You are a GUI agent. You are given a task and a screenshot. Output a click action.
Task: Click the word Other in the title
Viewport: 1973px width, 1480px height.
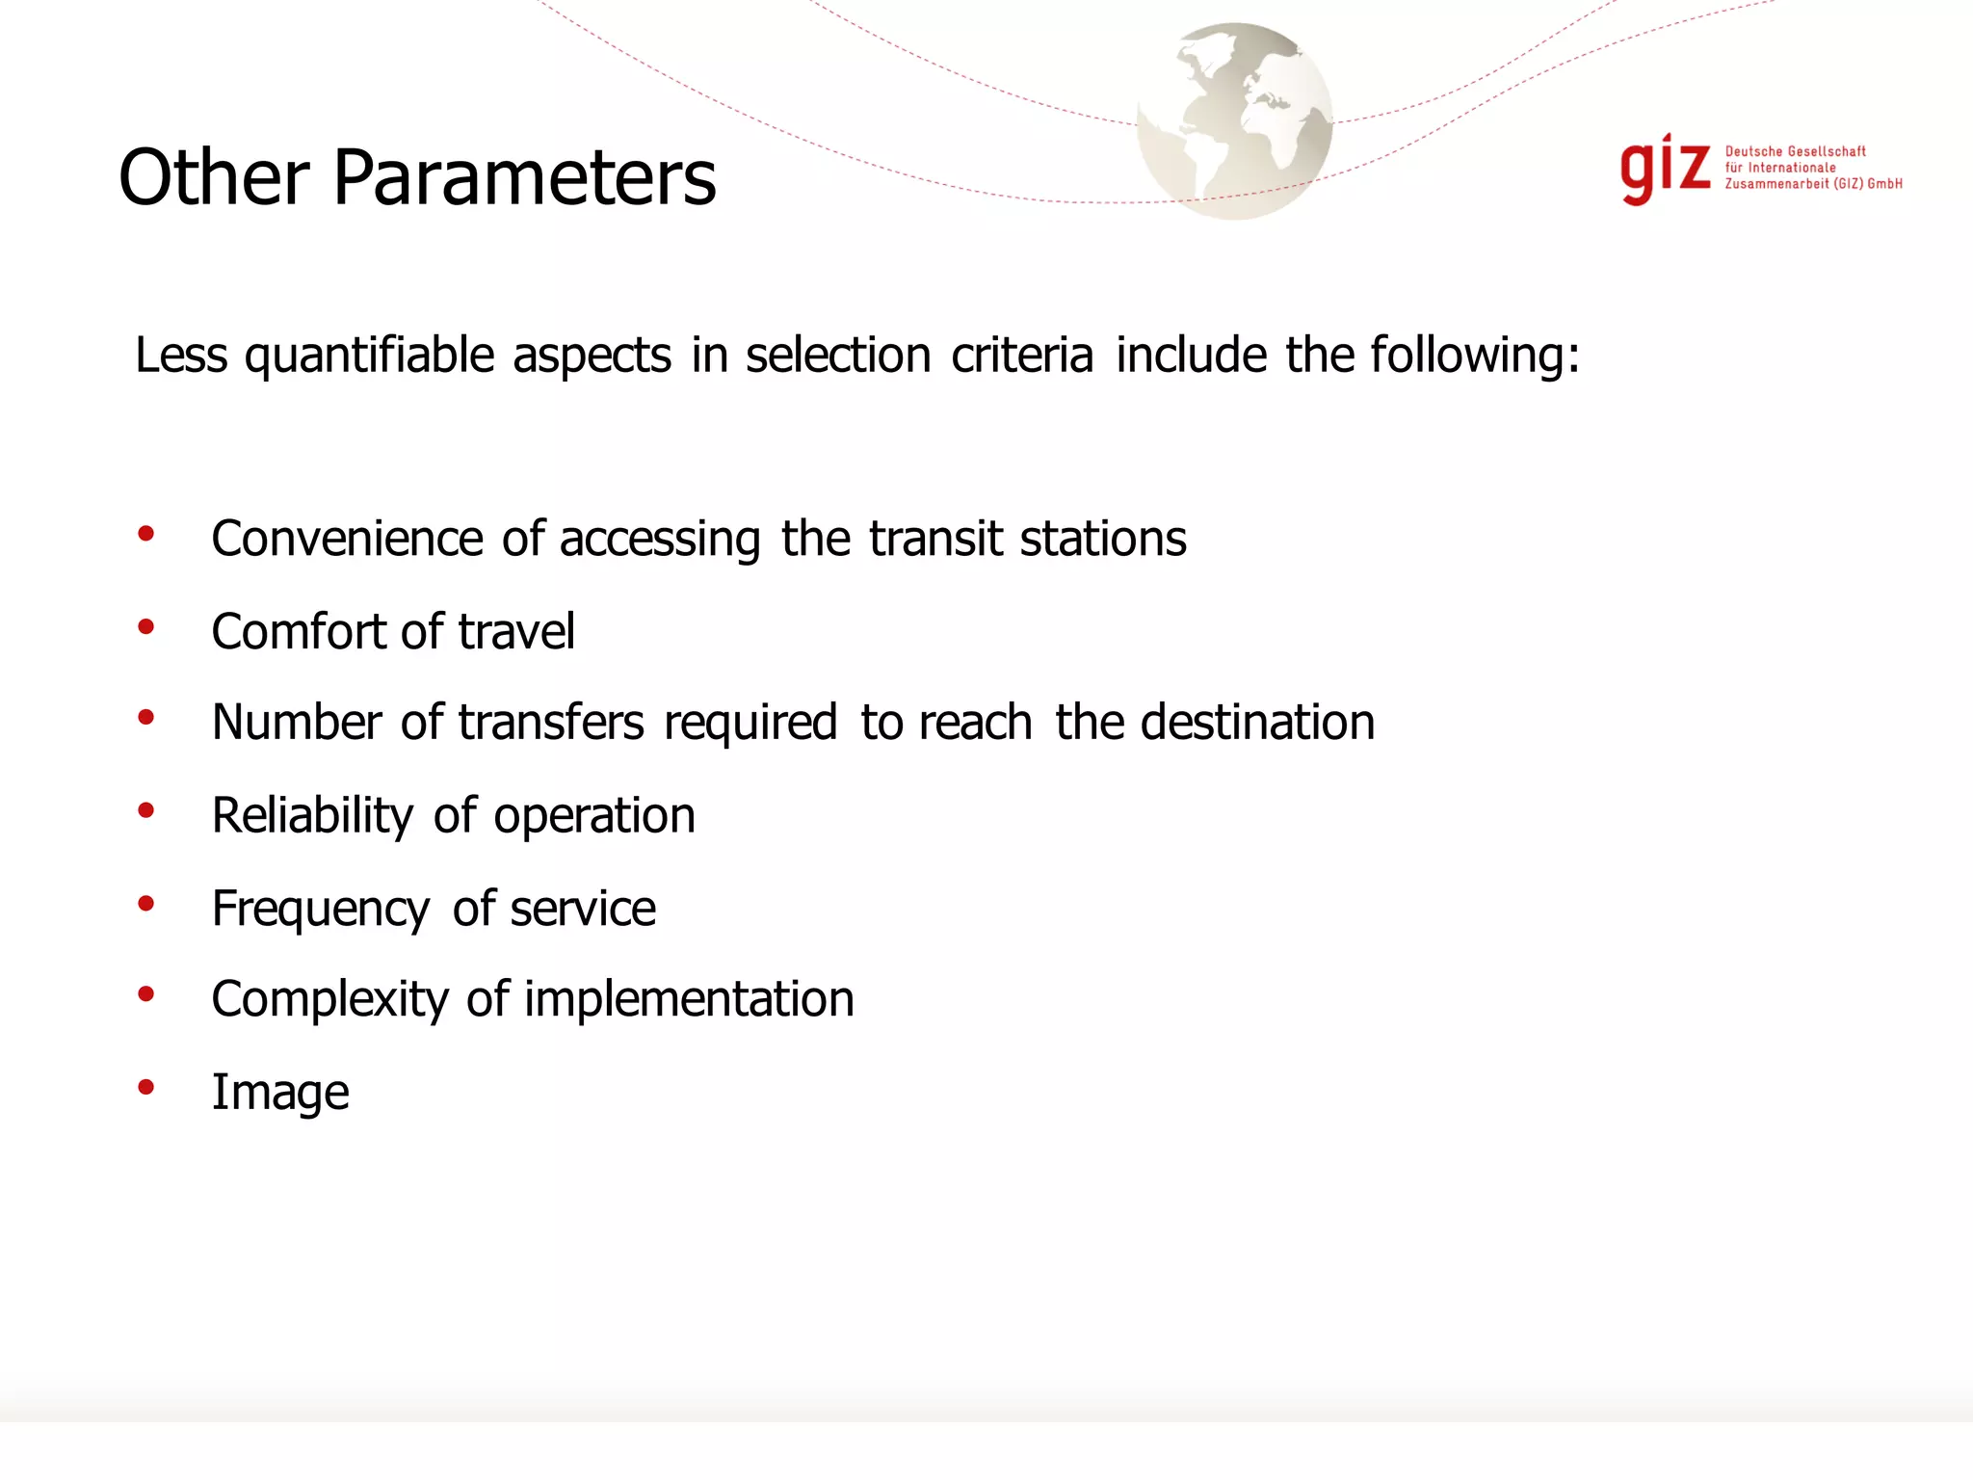[x=214, y=178]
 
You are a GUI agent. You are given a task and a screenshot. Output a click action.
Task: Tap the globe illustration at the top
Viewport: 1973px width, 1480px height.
[x=1234, y=121]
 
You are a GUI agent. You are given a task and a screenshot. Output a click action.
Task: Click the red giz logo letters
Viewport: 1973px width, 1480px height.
[x=1665, y=169]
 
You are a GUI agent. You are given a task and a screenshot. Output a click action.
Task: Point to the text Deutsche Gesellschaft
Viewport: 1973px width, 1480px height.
[x=1795, y=151]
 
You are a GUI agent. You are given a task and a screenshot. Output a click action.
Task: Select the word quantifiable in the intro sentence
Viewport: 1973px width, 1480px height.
[x=370, y=357]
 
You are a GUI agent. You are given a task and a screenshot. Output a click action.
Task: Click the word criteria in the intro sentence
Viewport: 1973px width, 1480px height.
[x=1022, y=355]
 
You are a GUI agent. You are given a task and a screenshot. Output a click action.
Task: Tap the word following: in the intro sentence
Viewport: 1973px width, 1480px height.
[x=1475, y=357]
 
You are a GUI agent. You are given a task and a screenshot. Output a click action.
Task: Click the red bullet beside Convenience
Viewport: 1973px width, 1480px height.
[x=146, y=534]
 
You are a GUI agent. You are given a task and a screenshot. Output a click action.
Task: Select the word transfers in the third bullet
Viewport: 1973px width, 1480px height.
[x=551, y=723]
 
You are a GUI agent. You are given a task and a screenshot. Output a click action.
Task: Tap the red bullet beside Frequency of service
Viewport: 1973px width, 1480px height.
[x=146, y=904]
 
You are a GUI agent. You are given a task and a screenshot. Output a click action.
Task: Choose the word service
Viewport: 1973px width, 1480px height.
[x=583, y=909]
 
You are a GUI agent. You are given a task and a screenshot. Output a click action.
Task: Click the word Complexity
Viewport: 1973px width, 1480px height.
[x=329, y=1000]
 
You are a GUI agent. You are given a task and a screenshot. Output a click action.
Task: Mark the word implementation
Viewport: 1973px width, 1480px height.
[x=689, y=1000]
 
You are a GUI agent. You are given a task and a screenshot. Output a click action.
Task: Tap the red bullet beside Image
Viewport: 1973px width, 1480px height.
[x=146, y=1088]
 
